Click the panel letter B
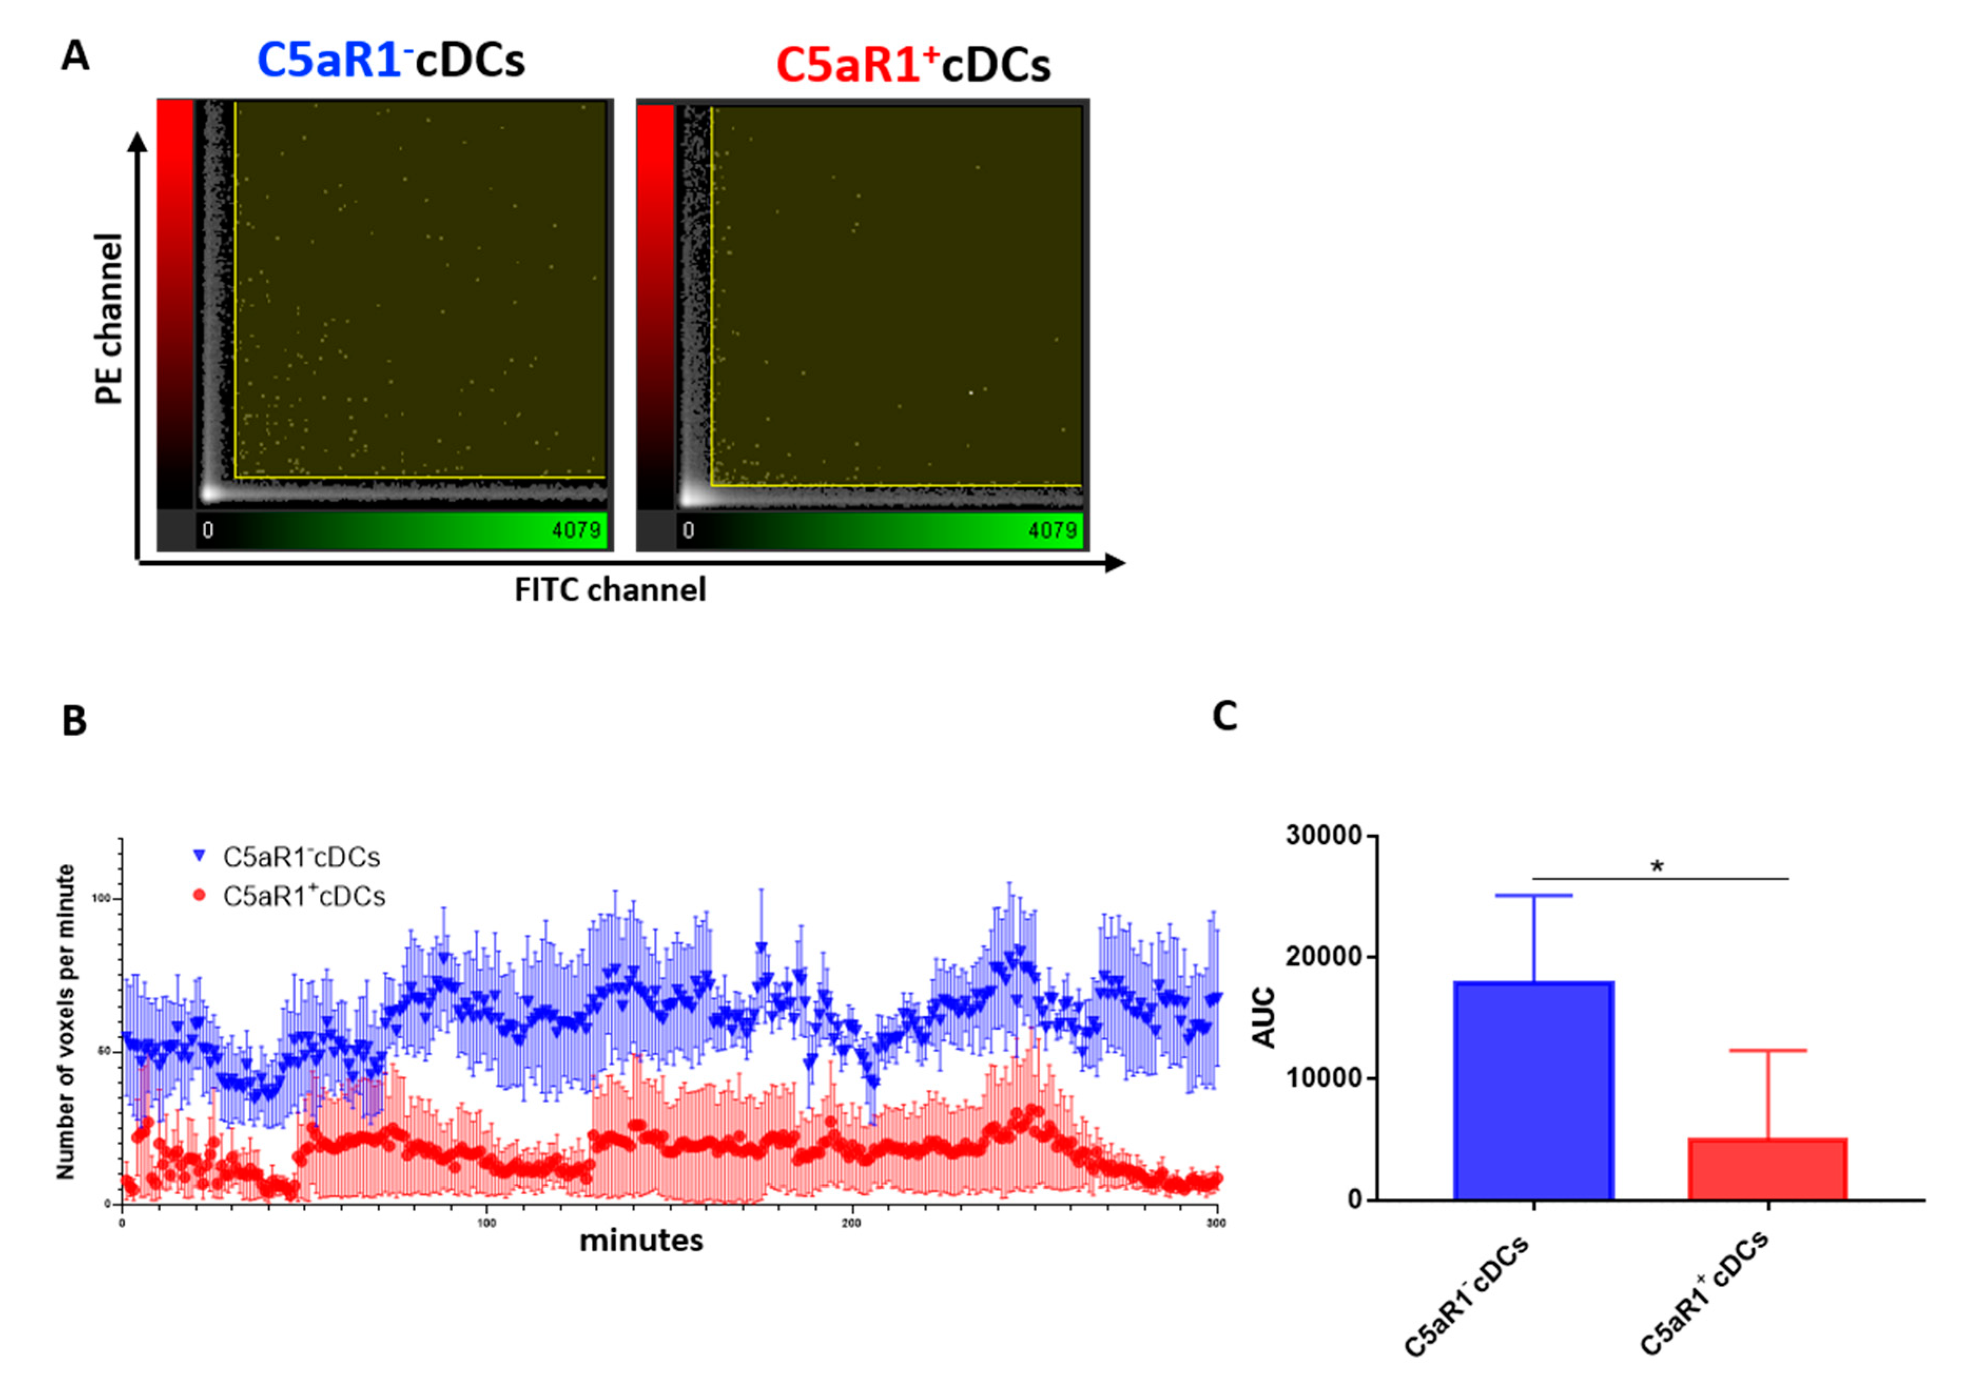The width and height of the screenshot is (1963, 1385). (74, 721)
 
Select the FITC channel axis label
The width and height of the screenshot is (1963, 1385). (610, 590)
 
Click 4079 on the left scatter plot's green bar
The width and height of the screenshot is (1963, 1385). (575, 530)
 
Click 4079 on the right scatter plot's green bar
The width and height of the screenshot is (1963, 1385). (1052, 530)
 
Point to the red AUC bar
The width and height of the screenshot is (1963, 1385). (1767, 1169)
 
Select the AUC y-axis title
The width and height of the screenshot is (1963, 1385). (1264, 1017)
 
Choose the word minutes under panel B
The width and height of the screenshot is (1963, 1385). (641, 1241)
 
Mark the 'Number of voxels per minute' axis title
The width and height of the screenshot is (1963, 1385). (66, 1022)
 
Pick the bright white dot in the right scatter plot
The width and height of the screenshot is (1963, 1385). (971, 393)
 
